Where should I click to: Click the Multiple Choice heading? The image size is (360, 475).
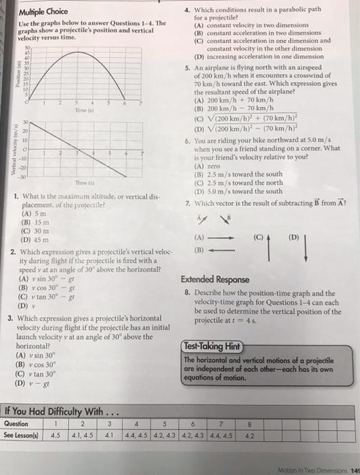44,12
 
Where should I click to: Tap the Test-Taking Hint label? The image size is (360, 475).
212,345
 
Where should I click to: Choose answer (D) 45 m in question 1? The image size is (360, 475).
35,239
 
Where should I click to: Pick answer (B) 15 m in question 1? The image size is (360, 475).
35,221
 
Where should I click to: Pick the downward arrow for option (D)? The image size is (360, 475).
306,248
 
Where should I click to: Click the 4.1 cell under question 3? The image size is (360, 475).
110,435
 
